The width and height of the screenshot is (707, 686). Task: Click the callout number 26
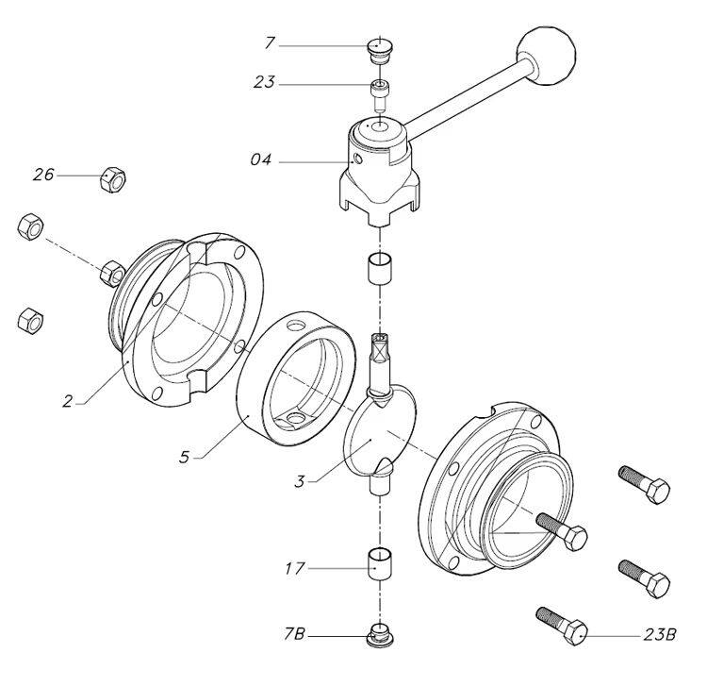pyautogui.click(x=43, y=175)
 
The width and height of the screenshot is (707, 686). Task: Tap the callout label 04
pyautogui.click(x=261, y=159)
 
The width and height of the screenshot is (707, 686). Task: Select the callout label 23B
pyautogui.click(x=660, y=634)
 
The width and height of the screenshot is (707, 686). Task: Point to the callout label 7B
pyautogui.click(x=294, y=634)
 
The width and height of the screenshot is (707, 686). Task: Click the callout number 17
pyautogui.click(x=295, y=569)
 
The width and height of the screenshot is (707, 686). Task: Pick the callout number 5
pyautogui.click(x=184, y=458)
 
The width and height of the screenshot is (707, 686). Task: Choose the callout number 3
pyautogui.click(x=300, y=481)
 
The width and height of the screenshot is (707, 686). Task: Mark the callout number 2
pyautogui.click(x=67, y=401)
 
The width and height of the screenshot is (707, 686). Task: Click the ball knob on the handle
pyautogui.click(x=547, y=57)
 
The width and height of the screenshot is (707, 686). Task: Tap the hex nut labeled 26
pyautogui.click(x=112, y=178)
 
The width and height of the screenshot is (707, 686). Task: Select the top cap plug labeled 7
pyautogui.click(x=380, y=52)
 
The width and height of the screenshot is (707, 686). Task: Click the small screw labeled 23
pyautogui.click(x=380, y=94)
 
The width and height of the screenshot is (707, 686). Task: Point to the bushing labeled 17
pyautogui.click(x=381, y=563)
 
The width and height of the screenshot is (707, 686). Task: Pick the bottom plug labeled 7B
pyautogui.click(x=381, y=635)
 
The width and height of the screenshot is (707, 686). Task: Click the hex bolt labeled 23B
pyautogui.click(x=562, y=626)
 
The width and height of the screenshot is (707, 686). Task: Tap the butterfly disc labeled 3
pyautogui.click(x=380, y=429)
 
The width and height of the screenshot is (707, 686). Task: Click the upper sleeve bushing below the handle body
pyautogui.click(x=381, y=268)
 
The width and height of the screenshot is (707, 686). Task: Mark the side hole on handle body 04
pyautogui.click(x=358, y=159)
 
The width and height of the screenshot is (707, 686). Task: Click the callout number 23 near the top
pyautogui.click(x=264, y=83)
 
